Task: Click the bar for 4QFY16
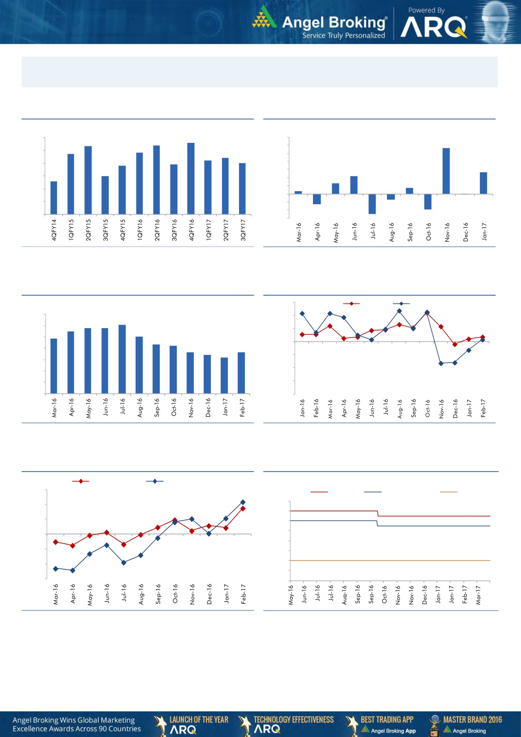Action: [191, 179]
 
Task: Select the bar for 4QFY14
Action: [54, 197]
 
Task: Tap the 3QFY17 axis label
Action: [243, 230]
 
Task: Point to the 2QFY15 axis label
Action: [88, 230]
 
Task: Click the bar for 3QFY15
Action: [105, 195]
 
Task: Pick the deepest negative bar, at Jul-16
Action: [372, 204]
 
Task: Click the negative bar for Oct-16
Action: [428, 202]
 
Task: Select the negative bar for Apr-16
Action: [317, 199]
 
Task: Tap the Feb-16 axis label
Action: [316, 408]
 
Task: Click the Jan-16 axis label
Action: [302, 408]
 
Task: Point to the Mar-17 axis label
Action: [478, 595]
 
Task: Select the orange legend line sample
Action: [448, 492]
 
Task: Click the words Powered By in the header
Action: [426, 10]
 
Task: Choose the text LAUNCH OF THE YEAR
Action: [199, 720]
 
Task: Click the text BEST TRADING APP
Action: [387, 720]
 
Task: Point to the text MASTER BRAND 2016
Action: [472, 720]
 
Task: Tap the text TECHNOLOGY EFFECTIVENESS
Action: [294, 720]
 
